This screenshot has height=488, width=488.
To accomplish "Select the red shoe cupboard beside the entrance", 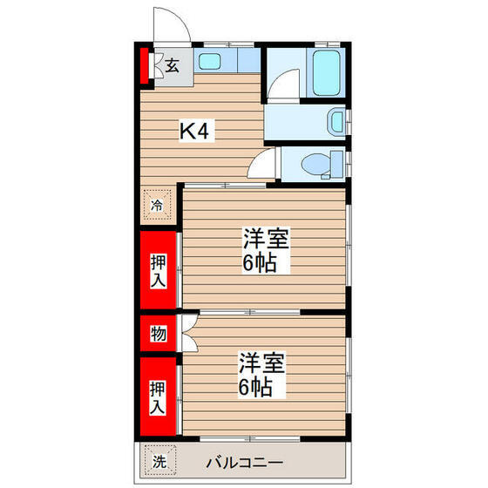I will coord(146,66).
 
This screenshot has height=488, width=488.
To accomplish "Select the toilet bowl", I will coord(313,162).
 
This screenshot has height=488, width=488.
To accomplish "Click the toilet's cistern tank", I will coord(336,163).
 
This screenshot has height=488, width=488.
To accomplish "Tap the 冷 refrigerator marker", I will coord(158,206).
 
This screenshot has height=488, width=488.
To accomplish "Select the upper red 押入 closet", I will coord(159,270).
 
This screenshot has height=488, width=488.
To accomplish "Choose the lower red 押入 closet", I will coord(159,396).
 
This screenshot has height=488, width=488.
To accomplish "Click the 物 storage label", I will coord(159,333).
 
